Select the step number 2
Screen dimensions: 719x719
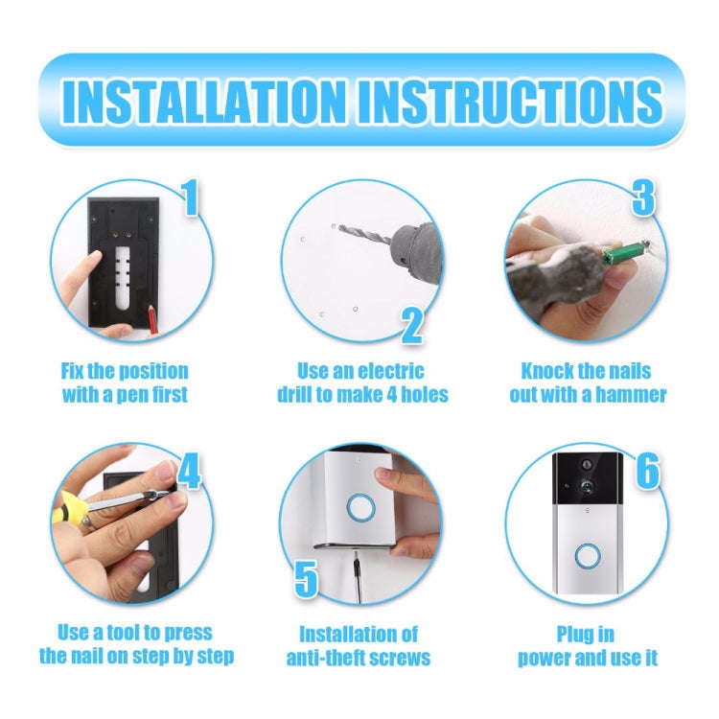point(411,325)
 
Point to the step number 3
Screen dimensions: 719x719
point(642,197)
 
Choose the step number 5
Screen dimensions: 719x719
point(305,579)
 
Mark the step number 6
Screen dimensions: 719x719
point(647,471)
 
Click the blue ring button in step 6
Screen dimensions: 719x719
point(586,557)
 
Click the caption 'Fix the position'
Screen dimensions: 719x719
point(124,371)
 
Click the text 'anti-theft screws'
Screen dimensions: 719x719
point(358,658)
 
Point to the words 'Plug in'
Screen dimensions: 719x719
point(586,634)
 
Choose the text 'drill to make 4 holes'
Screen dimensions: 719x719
point(362,395)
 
